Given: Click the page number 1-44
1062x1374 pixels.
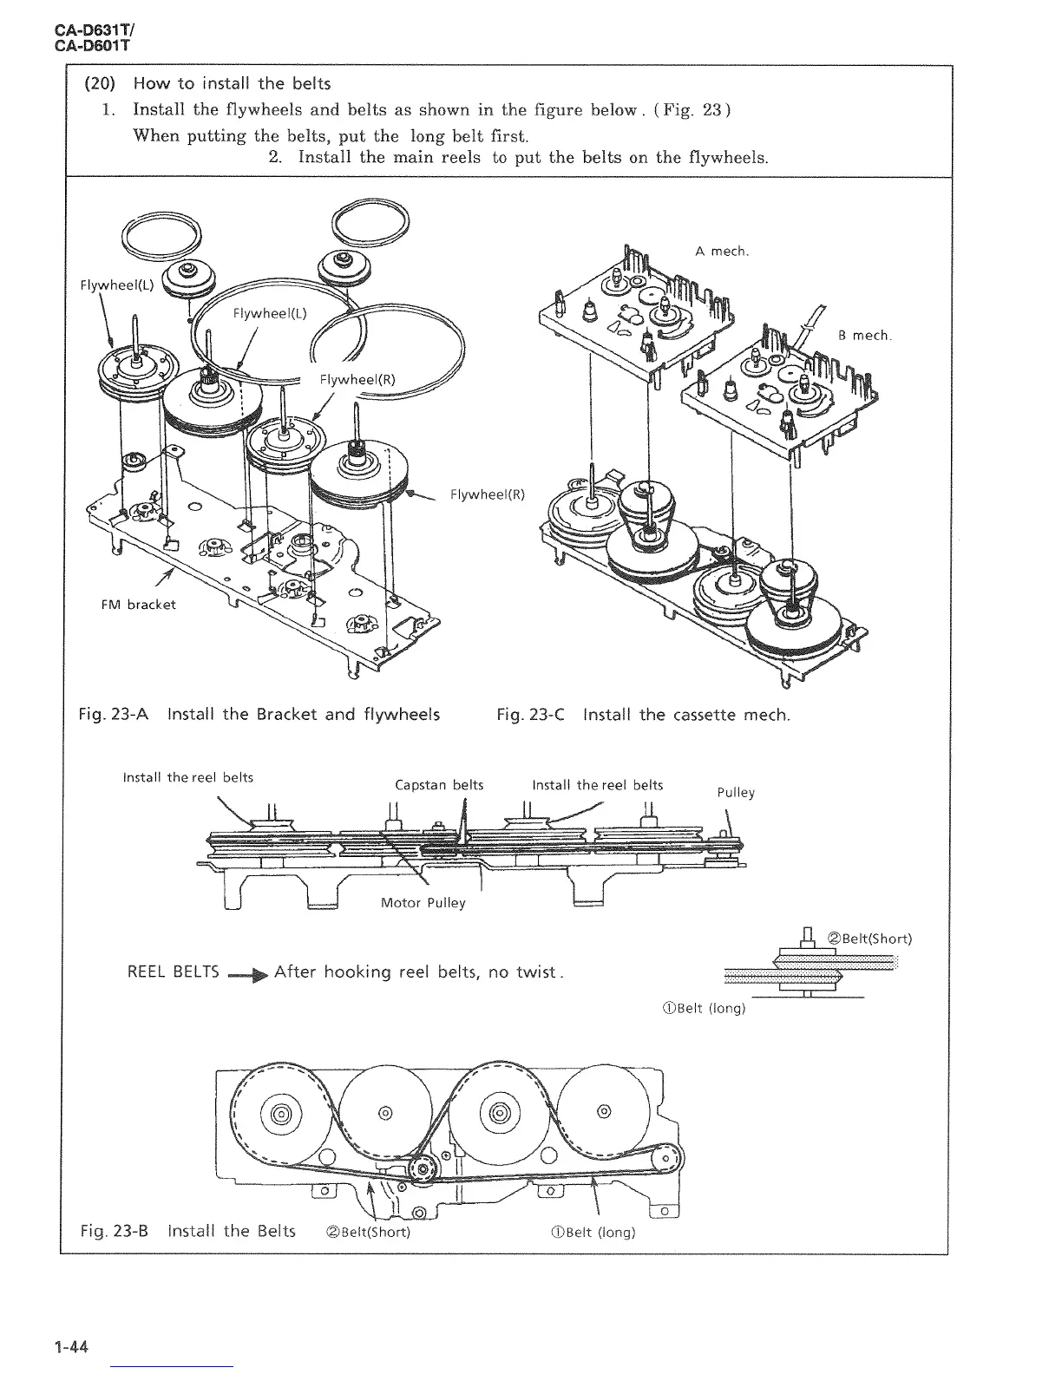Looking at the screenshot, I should pos(73,1348).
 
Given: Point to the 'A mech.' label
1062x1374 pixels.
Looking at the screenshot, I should pos(721,252).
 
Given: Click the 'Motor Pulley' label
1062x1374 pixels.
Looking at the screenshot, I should pos(423,903).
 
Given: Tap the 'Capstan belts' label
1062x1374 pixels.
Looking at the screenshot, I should pos(439,785).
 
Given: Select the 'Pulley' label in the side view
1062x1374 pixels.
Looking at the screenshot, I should pos(736,792).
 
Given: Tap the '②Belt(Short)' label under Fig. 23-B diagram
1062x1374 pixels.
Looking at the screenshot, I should pos(365,1233).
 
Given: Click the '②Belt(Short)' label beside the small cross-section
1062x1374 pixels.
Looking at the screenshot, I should pos(869,939).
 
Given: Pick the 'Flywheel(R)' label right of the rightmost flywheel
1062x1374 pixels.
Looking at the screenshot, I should pos(488,495).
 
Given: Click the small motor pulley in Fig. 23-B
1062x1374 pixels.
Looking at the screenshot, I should pos(421,1169).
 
